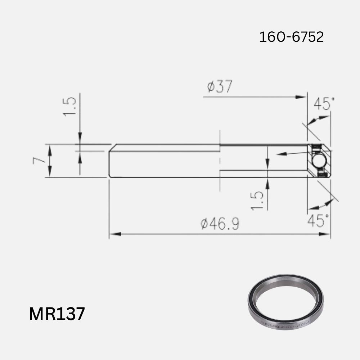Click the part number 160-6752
click(291, 37)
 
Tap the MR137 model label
click(57, 314)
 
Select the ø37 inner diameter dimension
click(220, 87)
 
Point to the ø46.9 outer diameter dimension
click(220, 224)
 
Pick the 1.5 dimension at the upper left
click(70, 106)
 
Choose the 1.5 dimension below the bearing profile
click(258, 201)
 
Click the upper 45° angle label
click(324, 104)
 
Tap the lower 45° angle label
click(318, 221)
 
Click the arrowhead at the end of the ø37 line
click(301, 97)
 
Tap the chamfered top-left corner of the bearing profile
click(112, 147)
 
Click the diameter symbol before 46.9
click(204, 224)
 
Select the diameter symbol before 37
click(211, 87)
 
